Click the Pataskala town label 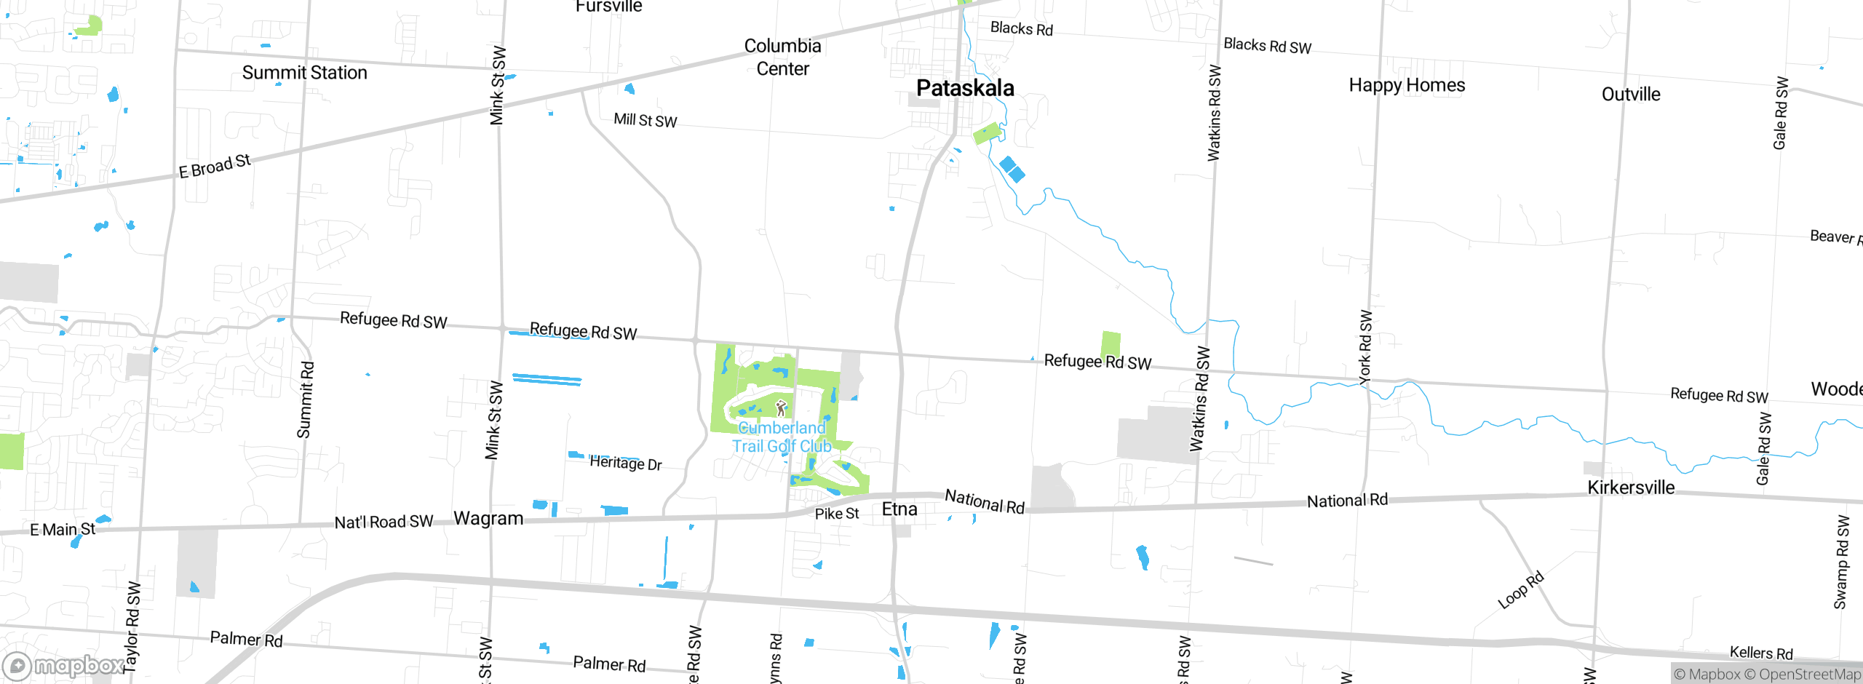[x=965, y=88]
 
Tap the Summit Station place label [x=304, y=73]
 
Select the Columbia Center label [x=782, y=57]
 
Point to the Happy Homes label [x=1407, y=85]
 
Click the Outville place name [x=1631, y=95]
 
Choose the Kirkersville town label [x=1631, y=488]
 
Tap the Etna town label [x=899, y=509]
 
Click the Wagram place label [x=488, y=519]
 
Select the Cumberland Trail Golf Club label [x=782, y=437]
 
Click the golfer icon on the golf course [x=781, y=407]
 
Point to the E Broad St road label [x=215, y=166]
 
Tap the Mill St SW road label [x=645, y=120]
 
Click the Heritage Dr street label [x=625, y=463]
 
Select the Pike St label [x=837, y=514]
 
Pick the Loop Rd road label [x=1520, y=591]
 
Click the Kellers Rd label [x=1761, y=653]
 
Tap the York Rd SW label [x=1365, y=347]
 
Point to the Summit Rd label [x=305, y=400]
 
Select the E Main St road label [x=63, y=530]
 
